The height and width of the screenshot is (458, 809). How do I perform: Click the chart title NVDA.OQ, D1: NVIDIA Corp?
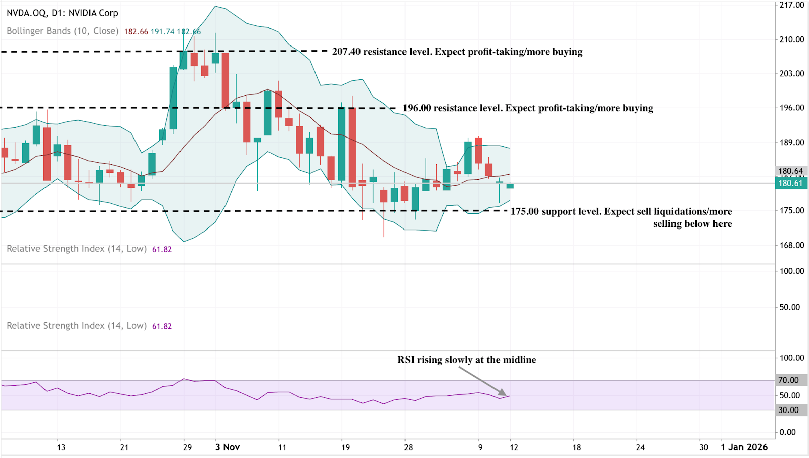pos(62,13)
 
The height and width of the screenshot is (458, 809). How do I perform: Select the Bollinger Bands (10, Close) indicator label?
pos(63,31)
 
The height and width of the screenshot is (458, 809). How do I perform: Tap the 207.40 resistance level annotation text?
pos(457,52)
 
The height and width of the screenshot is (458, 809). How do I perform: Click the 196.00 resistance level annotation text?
pos(528,108)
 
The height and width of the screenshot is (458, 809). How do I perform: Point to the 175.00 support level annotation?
pos(621,212)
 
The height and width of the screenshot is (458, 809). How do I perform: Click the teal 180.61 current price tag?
pos(791,183)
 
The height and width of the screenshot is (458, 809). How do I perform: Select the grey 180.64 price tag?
pos(791,171)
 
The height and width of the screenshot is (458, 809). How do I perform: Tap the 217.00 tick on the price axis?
pos(792,5)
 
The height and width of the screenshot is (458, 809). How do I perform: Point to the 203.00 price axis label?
pos(792,74)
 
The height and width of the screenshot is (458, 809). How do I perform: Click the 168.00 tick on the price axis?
pos(792,245)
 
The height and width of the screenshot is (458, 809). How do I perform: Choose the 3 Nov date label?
pos(228,447)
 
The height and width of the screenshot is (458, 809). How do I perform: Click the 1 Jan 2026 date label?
pos(744,447)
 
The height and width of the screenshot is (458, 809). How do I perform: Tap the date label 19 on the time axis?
pos(345,447)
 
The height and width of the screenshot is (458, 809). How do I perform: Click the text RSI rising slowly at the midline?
pos(467,360)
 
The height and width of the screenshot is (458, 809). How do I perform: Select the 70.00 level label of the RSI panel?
pos(789,380)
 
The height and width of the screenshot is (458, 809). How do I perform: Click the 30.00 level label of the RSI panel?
pos(789,410)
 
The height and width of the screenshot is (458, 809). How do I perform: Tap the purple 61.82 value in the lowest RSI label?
pos(162,326)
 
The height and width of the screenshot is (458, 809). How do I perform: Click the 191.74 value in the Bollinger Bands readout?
pos(162,32)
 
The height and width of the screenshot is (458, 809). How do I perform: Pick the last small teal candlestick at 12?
pos(510,186)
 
